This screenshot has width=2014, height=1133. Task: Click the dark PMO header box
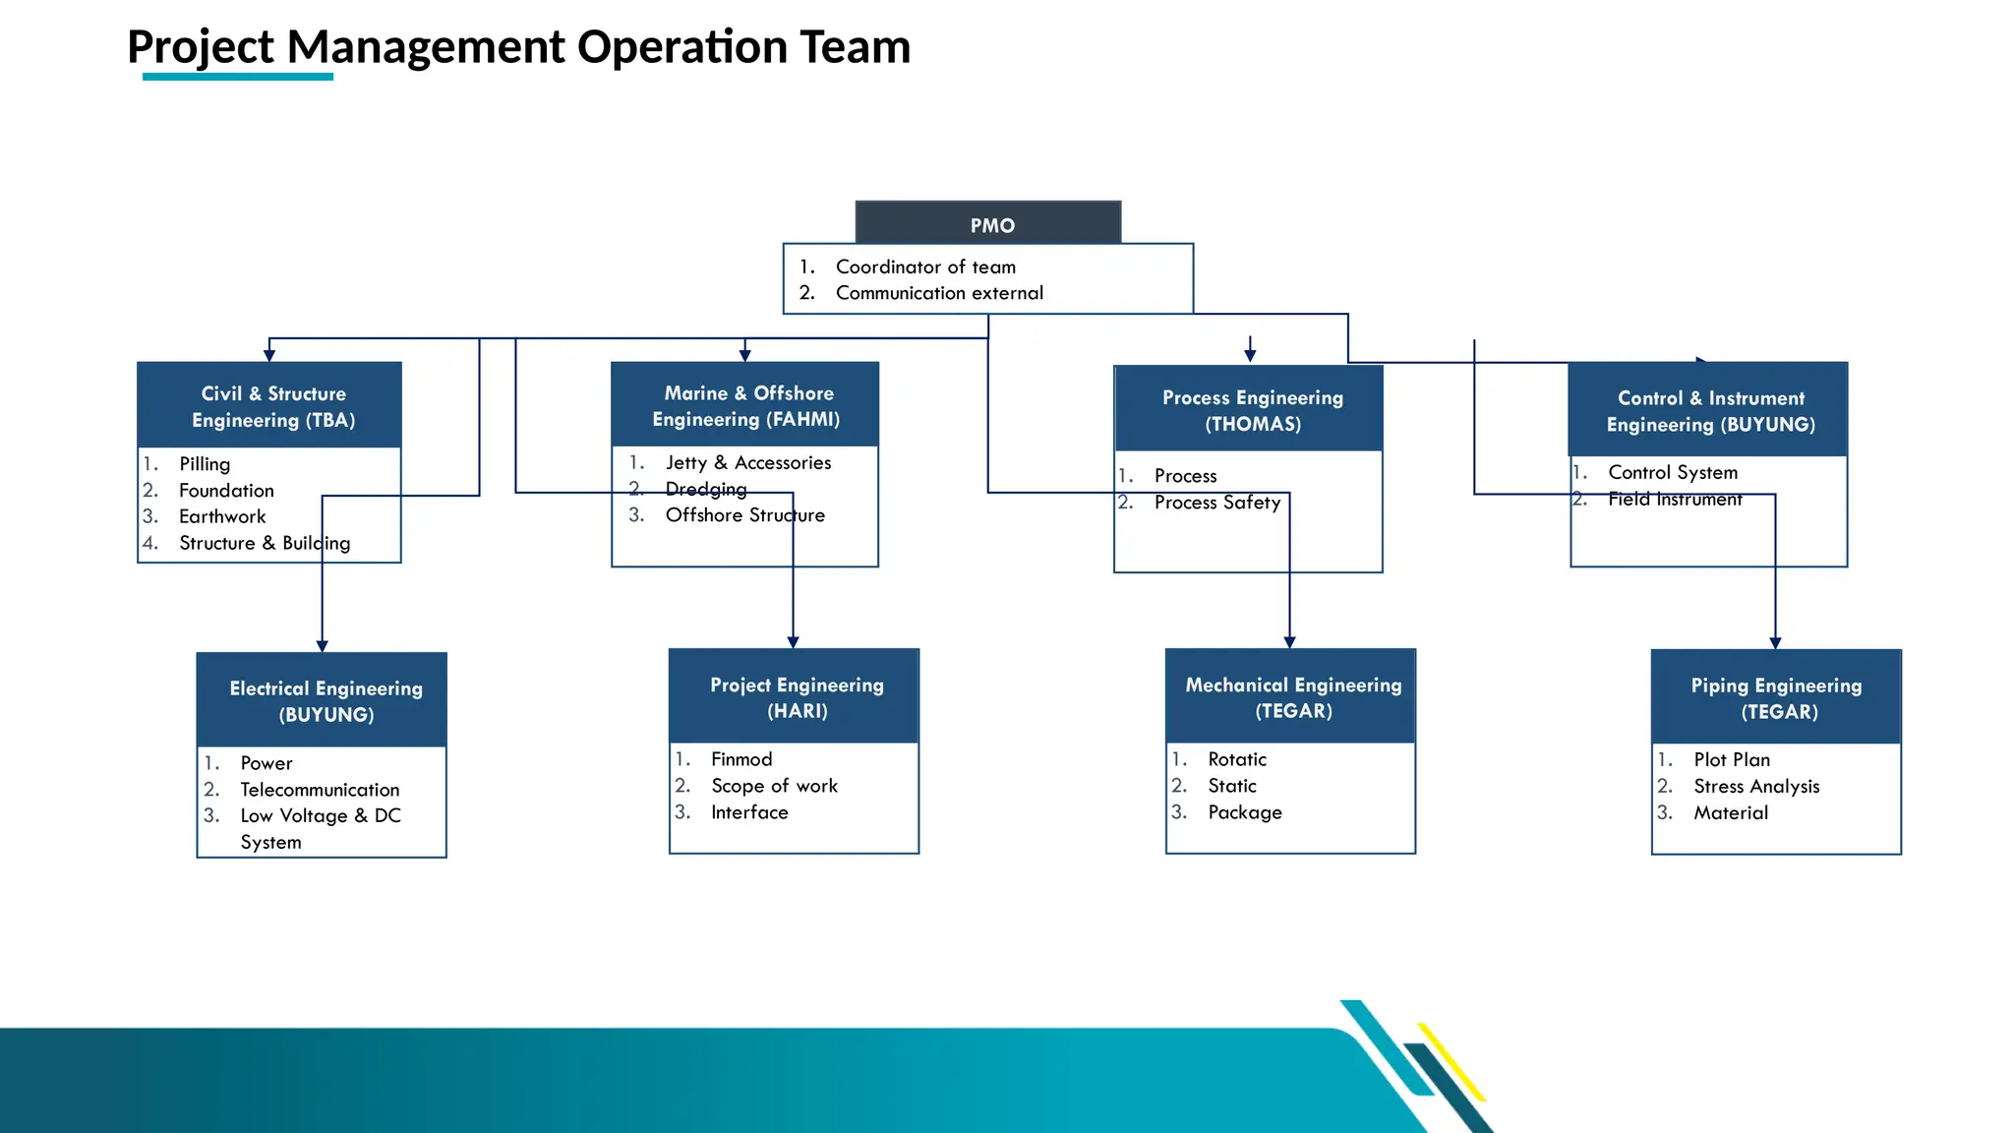click(x=988, y=224)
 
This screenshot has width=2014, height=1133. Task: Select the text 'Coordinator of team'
click(x=925, y=268)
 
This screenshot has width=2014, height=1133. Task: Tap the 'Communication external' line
click(x=939, y=293)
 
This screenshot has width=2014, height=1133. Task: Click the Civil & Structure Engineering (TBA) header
click(x=269, y=406)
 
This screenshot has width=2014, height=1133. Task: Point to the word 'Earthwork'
click(x=222, y=517)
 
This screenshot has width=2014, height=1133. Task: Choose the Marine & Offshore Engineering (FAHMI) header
click(x=745, y=405)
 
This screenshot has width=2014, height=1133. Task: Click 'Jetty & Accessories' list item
click(x=747, y=463)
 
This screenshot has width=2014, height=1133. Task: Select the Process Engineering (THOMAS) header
click(x=1250, y=410)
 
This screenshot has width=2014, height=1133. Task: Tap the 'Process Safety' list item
click(x=1216, y=503)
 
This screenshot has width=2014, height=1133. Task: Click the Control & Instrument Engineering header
click(x=1709, y=411)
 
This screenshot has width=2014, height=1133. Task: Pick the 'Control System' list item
click(x=1672, y=473)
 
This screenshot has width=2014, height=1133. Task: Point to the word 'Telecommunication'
click(x=320, y=791)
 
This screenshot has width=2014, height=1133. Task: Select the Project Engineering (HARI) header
click(x=795, y=697)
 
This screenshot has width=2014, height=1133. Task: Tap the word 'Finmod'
click(x=741, y=760)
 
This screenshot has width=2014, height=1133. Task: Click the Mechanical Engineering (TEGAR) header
click(x=1291, y=697)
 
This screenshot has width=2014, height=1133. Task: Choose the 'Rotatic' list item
click(x=1237, y=760)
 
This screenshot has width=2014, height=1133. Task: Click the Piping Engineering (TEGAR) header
click(x=1776, y=698)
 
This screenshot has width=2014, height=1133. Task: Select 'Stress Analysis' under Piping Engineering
click(x=1756, y=787)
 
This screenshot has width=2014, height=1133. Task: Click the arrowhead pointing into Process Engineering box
click(x=1250, y=356)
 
